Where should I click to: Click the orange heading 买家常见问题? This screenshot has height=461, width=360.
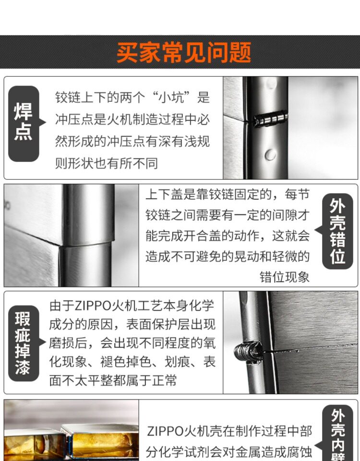click(x=184, y=52)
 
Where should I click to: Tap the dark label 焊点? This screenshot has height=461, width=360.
click(x=24, y=123)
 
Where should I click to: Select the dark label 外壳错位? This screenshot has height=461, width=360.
click(x=337, y=231)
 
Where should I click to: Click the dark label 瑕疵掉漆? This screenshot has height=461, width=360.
click(x=24, y=343)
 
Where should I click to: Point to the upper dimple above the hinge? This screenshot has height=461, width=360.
click(x=271, y=84)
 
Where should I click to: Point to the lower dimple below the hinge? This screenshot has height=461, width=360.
click(x=270, y=155)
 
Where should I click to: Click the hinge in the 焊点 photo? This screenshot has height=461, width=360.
click(x=270, y=119)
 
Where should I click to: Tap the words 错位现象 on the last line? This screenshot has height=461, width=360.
click(x=285, y=277)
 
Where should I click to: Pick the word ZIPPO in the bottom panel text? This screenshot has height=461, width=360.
click(x=165, y=431)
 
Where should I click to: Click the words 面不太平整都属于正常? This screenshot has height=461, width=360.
click(x=113, y=380)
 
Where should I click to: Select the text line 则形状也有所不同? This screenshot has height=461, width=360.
click(x=107, y=163)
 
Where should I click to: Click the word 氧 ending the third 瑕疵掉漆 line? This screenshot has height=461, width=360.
click(x=209, y=343)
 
